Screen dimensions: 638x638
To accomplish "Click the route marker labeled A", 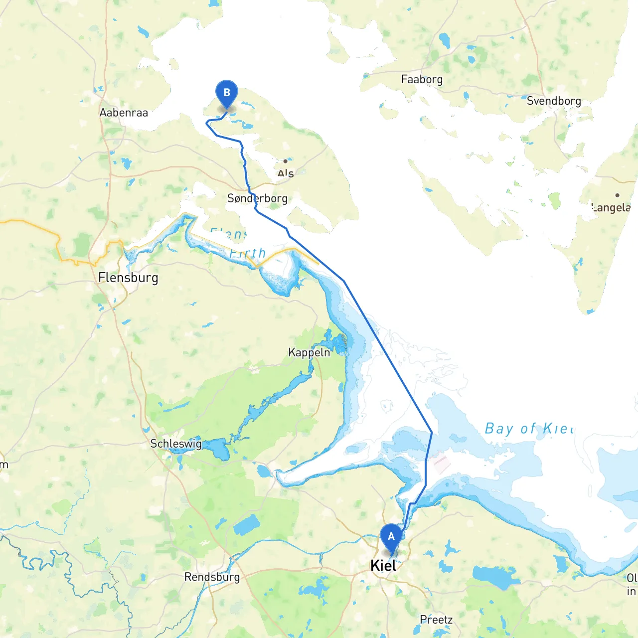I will (391, 537).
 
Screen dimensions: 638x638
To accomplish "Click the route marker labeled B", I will (227, 93).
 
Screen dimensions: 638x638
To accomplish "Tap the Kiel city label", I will (383, 566).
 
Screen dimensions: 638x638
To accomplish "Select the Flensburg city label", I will (128, 278).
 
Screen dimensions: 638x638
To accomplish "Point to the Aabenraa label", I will (124, 113).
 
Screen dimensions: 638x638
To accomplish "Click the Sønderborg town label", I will (257, 198).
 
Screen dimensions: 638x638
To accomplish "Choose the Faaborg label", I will (422, 79).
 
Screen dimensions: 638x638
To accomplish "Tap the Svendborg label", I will (554, 101).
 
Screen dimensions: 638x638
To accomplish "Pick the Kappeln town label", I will (309, 352).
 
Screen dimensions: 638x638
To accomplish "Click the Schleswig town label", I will (176, 444).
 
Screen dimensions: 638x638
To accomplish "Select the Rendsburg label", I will (212, 577).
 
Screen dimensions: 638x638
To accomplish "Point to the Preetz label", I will (436, 620).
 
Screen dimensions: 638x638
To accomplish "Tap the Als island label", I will (286, 173).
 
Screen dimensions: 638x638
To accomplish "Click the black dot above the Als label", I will (285, 161).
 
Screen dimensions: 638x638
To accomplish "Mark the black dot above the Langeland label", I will (617, 195).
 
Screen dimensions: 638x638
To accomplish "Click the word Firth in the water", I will (248, 253).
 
